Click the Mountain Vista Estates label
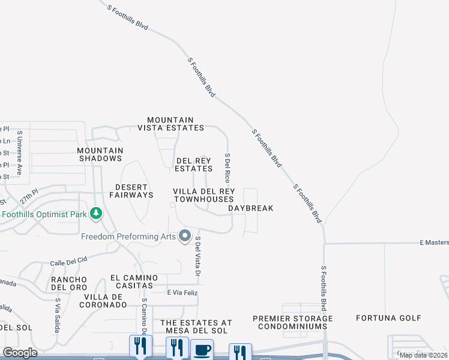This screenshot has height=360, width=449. [x=170, y=124]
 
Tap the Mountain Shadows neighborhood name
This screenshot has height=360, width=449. [x=100, y=155]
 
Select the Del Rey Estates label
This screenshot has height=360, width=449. [x=194, y=165]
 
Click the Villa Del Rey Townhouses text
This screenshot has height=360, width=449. [x=203, y=195]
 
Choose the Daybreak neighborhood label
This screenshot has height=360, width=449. [x=251, y=209]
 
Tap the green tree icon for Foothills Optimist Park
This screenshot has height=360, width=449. [x=95, y=214]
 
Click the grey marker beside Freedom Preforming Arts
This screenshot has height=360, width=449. [x=185, y=236]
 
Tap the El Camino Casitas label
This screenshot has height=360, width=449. [x=134, y=282]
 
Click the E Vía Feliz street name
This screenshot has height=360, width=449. [x=182, y=292]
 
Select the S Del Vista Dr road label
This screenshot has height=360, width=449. [x=197, y=256]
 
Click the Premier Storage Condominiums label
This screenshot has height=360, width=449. [x=292, y=322]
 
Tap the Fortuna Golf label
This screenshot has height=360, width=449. [x=387, y=317]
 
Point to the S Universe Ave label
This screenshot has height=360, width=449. [x=20, y=153]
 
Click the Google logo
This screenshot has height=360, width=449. [x=20, y=353]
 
